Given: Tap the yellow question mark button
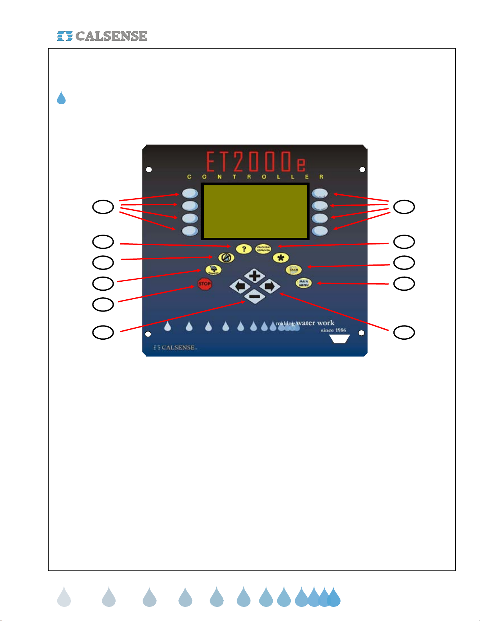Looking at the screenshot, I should (244, 248).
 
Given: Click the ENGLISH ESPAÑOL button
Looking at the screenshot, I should (263, 248).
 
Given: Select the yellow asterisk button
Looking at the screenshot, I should (281, 258).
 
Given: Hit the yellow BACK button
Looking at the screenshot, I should (293, 270).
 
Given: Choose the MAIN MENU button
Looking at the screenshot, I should (304, 283).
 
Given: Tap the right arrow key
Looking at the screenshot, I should (270, 286).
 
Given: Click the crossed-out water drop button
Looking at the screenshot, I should (226, 257).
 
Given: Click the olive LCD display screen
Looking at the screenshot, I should (255, 211).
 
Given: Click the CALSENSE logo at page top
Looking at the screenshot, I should (102, 36).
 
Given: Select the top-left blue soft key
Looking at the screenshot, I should (190, 194).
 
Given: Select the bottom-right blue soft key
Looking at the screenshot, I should (320, 231).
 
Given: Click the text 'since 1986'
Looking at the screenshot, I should (333, 330).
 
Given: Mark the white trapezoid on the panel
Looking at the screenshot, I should (339, 339).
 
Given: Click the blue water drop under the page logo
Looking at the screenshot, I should (61, 98).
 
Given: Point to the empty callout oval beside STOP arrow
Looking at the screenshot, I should (103, 304).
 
